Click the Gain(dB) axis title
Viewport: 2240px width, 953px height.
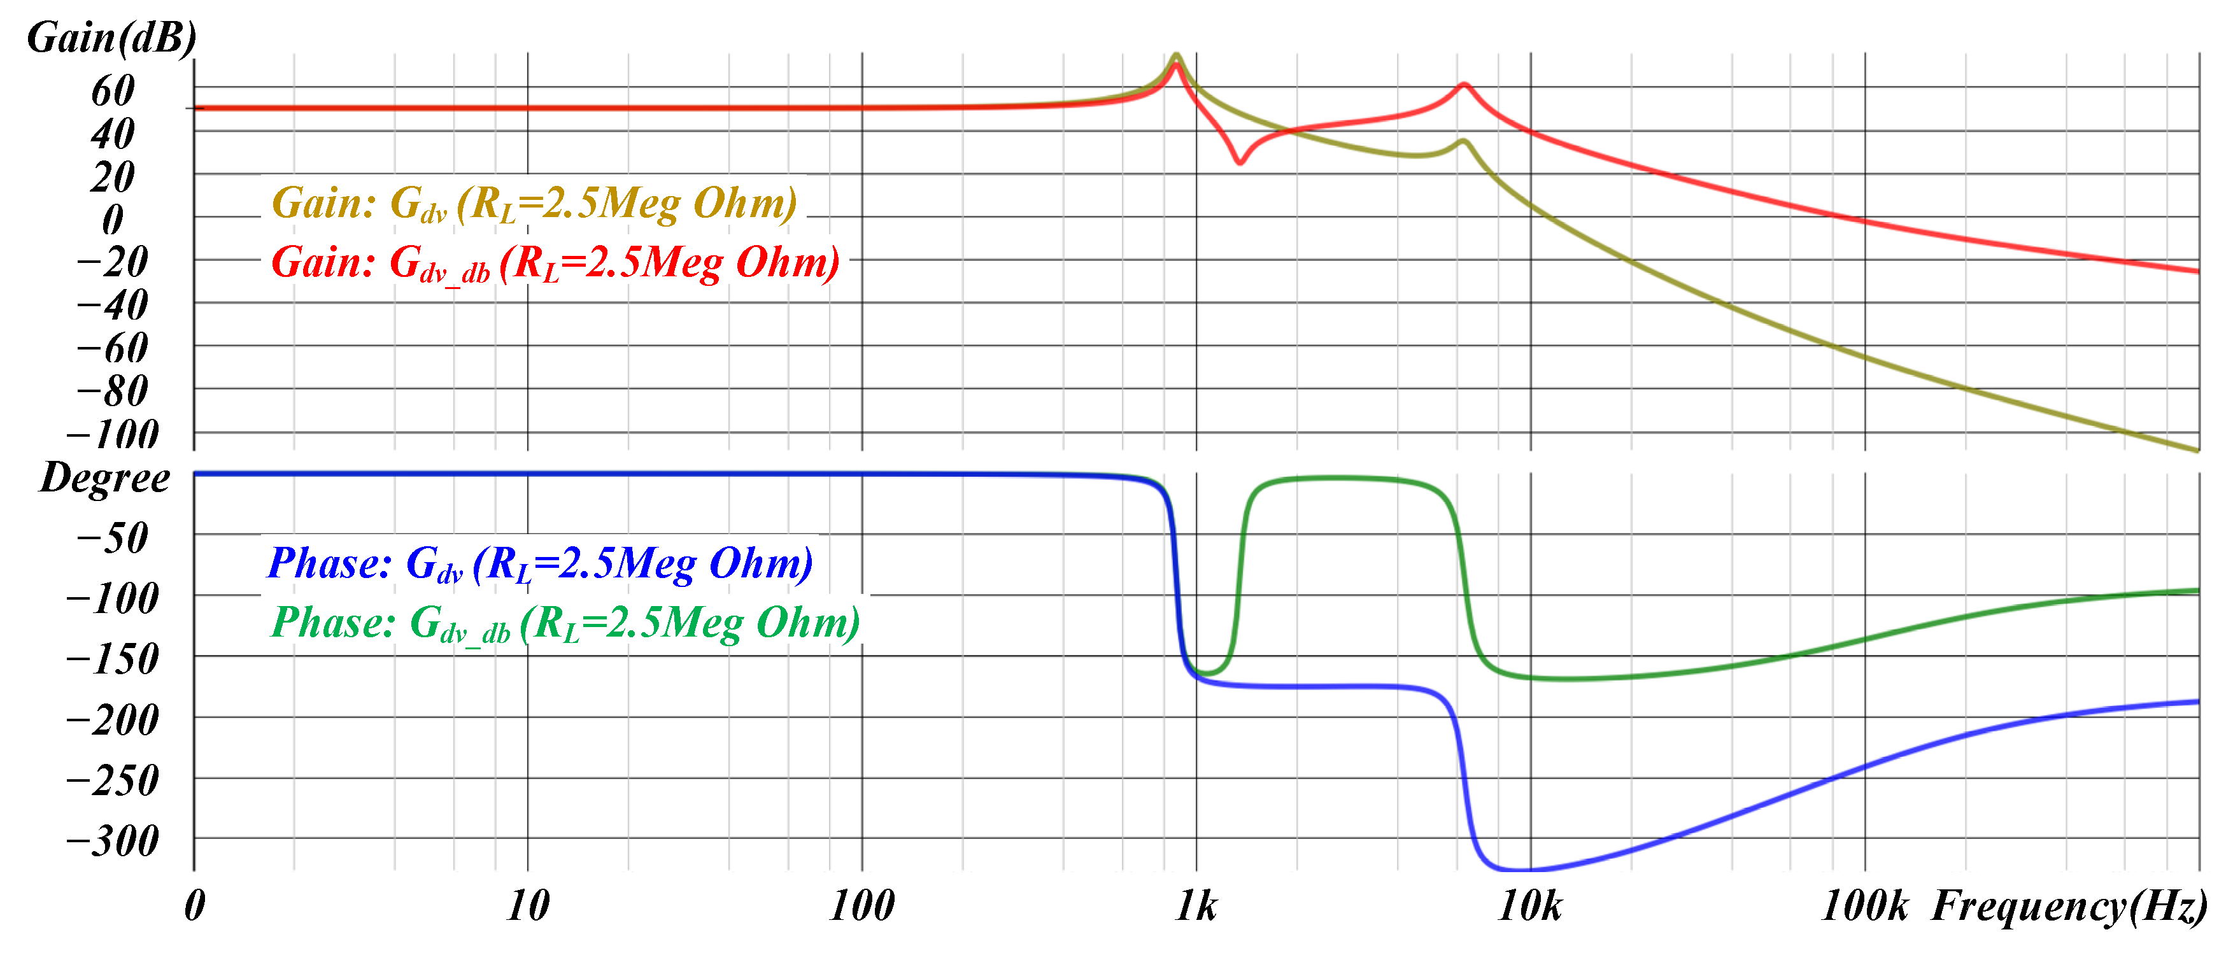click(x=111, y=38)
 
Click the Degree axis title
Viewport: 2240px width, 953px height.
click(x=105, y=478)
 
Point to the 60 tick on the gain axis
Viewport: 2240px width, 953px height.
click(x=113, y=90)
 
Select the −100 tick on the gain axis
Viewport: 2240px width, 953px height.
click(x=113, y=433)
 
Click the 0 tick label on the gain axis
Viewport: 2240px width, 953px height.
click(x=113, y=219)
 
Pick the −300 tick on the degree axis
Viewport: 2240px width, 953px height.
click(x=113, y=841)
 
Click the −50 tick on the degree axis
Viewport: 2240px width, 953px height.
click(x=113, y=537)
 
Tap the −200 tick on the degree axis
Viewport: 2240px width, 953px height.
click(x=113, y=719)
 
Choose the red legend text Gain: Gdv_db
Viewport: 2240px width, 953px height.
click(x=555, y=262)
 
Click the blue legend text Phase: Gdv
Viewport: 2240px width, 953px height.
click(x=539, y=563)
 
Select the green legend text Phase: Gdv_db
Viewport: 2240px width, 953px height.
click(x=565, y=623)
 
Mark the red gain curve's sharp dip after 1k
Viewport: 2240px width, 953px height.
click(x=1240, y=162)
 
